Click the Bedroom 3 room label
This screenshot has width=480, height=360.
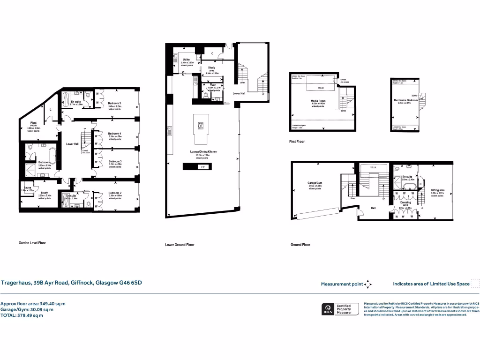[x=114, y=103]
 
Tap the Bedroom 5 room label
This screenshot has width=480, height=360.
[x=115, y=162]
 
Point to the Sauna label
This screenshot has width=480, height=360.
[x=27, y=187]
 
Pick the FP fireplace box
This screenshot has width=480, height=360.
[x=202, y=167]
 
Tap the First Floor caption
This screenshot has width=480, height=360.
[x=297, y=141]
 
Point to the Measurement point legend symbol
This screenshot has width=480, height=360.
[x=368, y=284]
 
